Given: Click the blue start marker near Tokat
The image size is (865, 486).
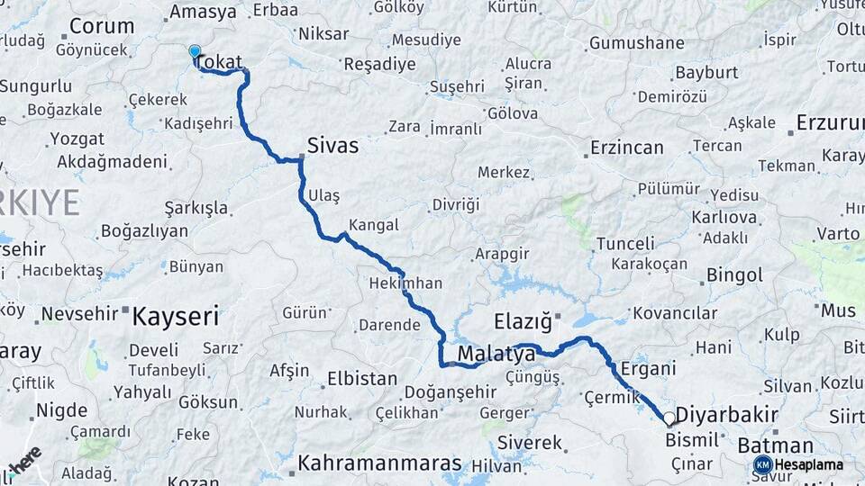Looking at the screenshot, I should click(x=195, y=51).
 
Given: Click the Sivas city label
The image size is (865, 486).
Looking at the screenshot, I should click(x=332, y=145).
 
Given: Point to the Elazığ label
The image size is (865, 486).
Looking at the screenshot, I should click(x=522, y=321).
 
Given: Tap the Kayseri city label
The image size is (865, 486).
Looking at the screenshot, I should click(x=176, y=316).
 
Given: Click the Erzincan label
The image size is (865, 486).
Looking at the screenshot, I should click(x=626, y=148).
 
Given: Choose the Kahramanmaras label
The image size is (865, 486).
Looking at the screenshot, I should click(x=379, y=463).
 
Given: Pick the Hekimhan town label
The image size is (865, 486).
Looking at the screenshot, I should click(x=405, y=283).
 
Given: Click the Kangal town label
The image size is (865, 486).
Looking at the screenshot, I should click(x=373, y=225).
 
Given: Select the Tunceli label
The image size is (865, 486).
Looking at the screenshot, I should click(x=625, y=244).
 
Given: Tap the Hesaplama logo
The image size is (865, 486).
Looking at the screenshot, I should click(x=798, y=464).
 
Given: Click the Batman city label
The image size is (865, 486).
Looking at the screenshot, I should click(x=775, y=445).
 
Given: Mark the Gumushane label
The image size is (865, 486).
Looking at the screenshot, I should click(x=636, y=43).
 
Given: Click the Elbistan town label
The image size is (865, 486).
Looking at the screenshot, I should click(x=361, y=379).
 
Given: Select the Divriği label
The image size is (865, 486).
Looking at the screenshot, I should click(x=456, y=205).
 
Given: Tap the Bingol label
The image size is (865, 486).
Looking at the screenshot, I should click(x=734, y=274).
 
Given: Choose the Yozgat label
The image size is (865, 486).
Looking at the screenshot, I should click(x=77, y=139).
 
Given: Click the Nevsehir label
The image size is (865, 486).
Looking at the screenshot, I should click(x=80, y=313).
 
